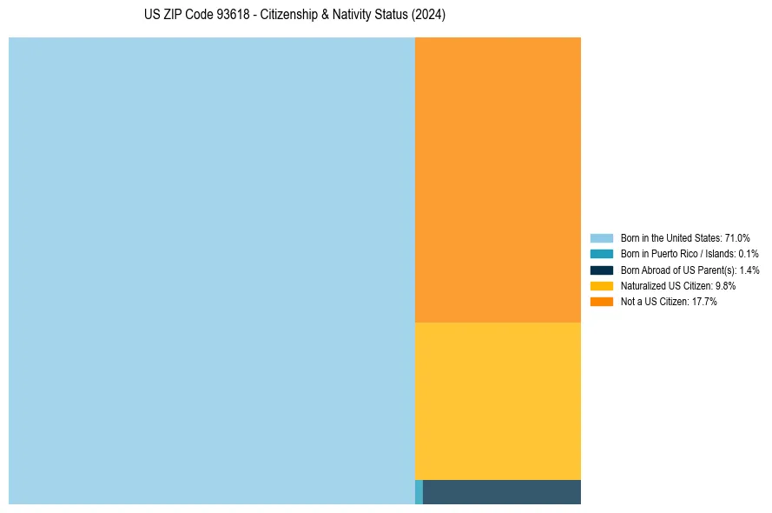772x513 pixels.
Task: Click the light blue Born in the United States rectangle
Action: click(211, 270)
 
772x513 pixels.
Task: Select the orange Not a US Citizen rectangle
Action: click(498, 179)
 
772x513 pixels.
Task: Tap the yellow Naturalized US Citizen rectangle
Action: click(498, 401)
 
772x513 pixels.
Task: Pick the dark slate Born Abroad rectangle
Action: click(501, 492)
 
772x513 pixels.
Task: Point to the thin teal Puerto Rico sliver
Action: click(419, 492)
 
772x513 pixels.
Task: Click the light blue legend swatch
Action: click(601, 237)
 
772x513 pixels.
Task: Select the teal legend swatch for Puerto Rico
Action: click(601, 254)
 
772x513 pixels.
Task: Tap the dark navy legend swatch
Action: click(601, 270)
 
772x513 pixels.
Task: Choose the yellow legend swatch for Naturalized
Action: click(601, 285)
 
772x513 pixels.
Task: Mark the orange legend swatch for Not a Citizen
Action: click(601, 301)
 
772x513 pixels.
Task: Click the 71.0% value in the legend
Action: click(737, 237)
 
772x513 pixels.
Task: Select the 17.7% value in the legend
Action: click(704, 301)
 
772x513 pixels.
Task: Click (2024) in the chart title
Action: click(428, 16)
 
